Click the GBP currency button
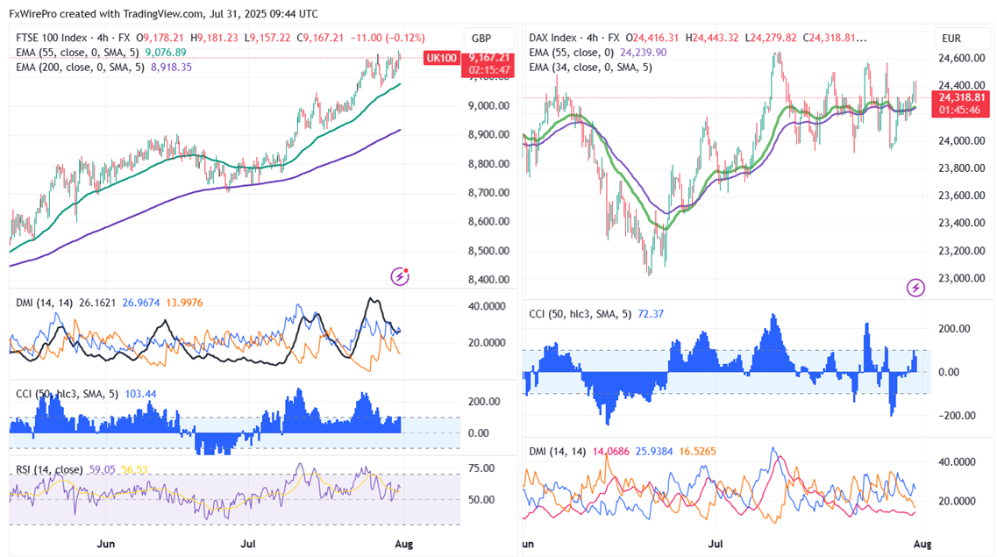pos(481,38)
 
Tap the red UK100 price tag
pos(440,58)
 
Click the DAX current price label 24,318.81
pos(962,97)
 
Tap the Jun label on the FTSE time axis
pos(107,544)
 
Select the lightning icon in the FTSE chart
pos(400,277)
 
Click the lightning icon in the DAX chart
pos(915,288)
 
